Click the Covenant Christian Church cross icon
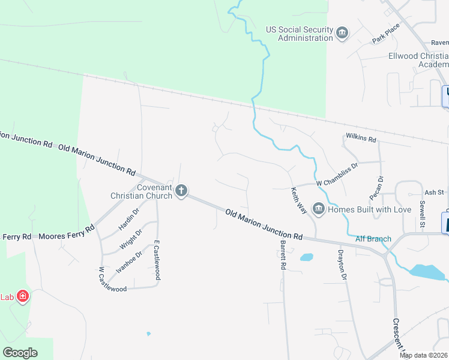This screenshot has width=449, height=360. [181, 191]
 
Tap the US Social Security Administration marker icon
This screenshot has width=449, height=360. [342, 32]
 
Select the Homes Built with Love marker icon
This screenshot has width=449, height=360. [318, 209]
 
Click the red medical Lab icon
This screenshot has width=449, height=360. [23, 296]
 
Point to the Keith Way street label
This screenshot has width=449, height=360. [299, 200]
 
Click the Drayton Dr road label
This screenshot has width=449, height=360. [343, 265]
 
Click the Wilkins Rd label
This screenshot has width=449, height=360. [360, 139]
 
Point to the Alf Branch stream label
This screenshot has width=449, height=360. [373, 239]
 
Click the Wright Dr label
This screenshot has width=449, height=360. [130, 240]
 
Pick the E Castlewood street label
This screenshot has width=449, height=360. [157, 260]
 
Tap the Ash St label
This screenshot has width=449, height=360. [433, 193]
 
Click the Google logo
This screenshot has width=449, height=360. [20, 353]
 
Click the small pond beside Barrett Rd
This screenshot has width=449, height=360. [306, 257]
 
